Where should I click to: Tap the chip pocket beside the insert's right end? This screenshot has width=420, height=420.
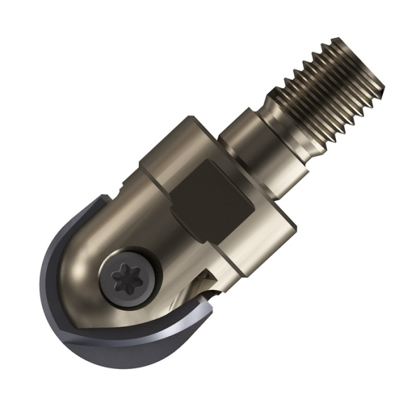(x=203, y=283)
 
